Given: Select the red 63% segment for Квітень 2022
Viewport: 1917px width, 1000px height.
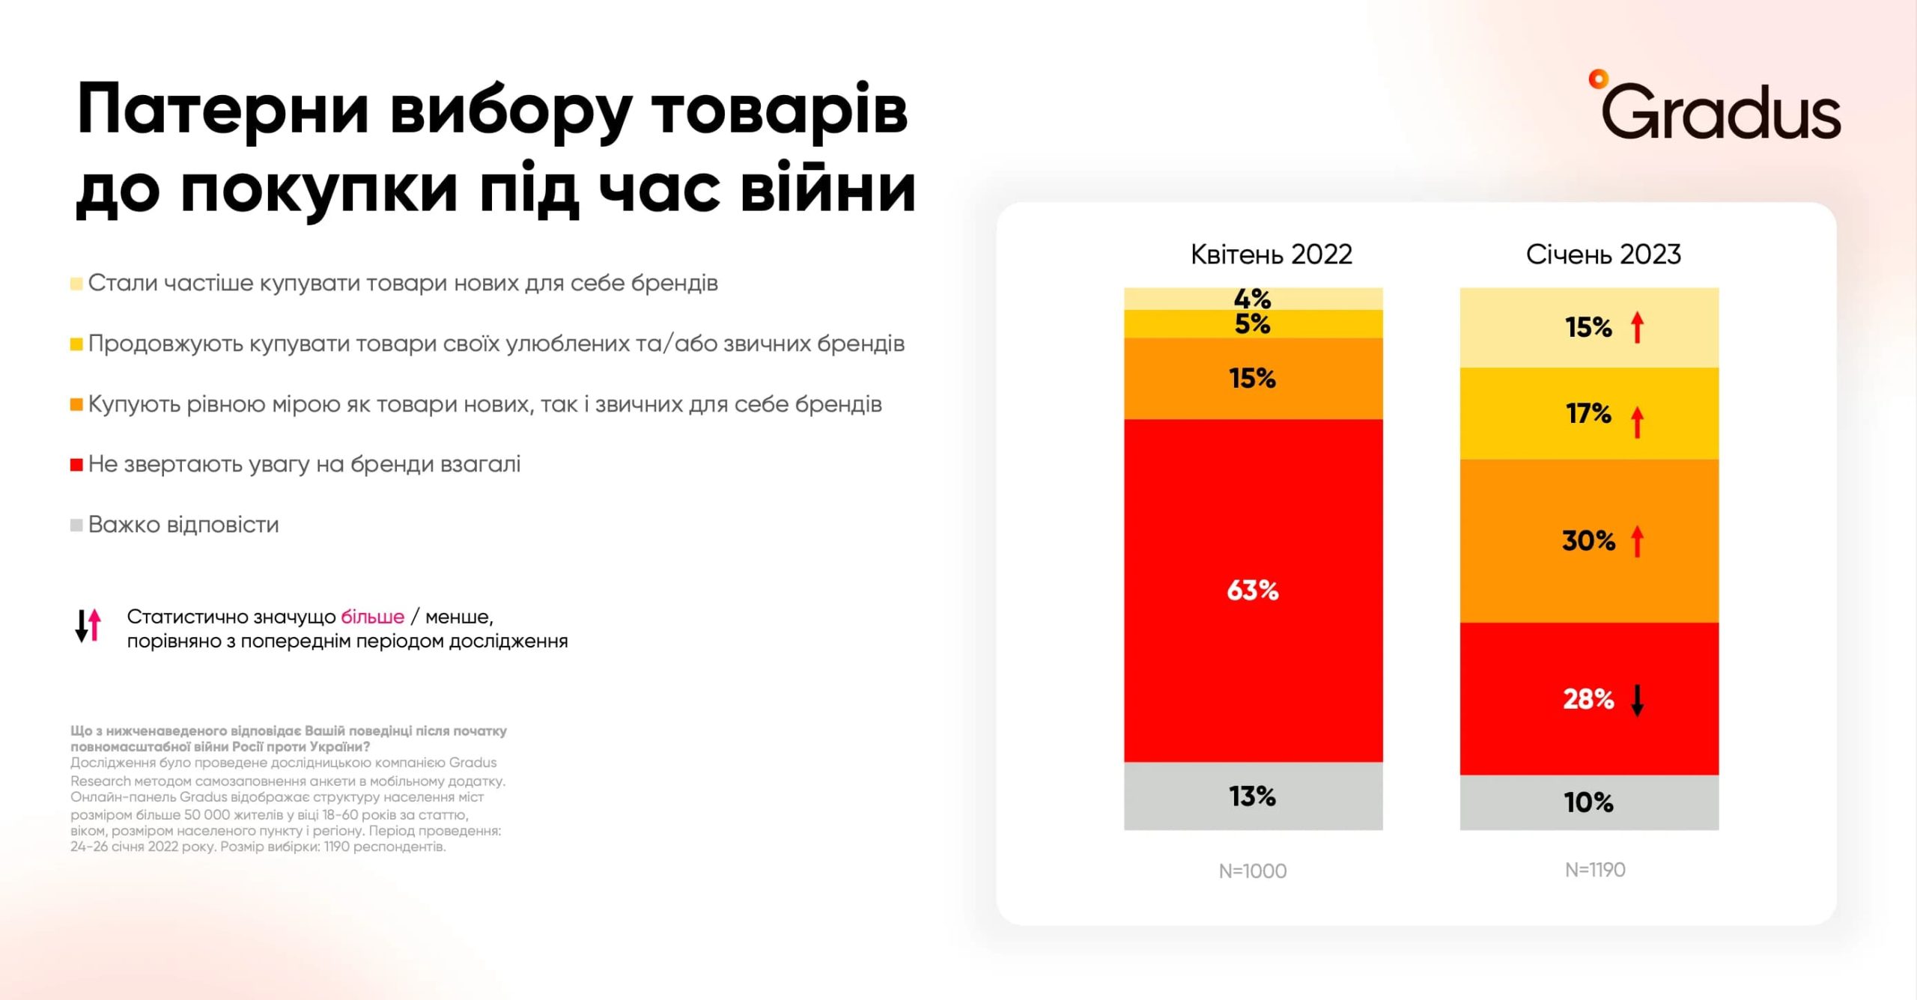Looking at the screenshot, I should coord(1253,591).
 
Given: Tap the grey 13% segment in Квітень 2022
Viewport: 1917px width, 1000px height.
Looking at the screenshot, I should coord(1253,796).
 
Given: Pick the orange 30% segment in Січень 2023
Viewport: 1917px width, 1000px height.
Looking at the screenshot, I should coord(1589,540).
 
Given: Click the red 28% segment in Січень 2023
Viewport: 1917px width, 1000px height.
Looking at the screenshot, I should coord(1589,699).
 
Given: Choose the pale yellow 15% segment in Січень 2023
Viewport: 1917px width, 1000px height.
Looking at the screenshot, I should coord(1589,327).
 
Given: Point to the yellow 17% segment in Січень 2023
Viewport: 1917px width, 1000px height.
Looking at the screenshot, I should coord(1589,413).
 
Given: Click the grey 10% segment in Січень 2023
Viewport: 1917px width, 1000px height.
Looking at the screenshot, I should coord(1589,802).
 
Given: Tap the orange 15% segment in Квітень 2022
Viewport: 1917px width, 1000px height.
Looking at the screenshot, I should coord(1253,378).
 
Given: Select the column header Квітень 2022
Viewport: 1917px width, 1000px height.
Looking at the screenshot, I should coord(1271,254).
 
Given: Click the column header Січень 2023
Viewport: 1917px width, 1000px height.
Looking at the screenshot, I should coord(1603,254).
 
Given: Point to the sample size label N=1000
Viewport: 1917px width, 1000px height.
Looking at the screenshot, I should coord(1253,871).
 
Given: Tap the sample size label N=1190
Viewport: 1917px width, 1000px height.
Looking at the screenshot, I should coord(1595,870).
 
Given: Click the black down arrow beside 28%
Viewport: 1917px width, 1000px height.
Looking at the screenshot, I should coord(1638,700).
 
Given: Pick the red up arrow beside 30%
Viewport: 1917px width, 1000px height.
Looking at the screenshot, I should coord(1638,541).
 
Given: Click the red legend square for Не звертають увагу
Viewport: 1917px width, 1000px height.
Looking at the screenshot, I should coord(76,465).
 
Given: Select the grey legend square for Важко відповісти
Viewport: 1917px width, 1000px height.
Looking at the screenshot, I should coord(76,525).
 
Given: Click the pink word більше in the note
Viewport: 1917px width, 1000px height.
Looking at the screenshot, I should coord(372,617).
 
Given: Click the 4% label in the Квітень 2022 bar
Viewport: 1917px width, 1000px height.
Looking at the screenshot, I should coord(1252,299).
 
